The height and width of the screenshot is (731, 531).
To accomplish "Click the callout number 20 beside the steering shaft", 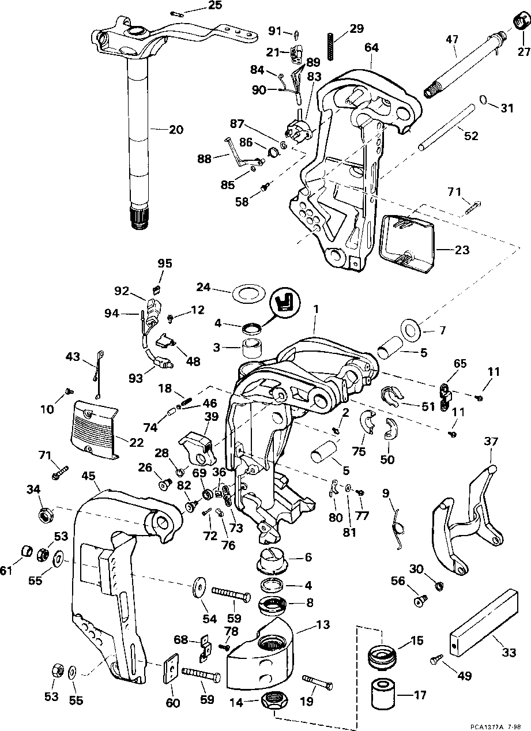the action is click(176, 130).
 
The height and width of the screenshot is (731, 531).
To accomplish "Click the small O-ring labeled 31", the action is click(484, 100).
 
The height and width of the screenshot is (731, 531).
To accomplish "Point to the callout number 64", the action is click(371, 48).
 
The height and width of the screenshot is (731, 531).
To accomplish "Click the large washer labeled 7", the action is click(411, 330).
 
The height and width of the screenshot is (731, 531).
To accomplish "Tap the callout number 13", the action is click(322, 624).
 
